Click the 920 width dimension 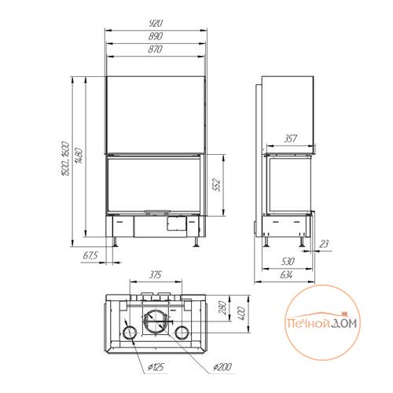[156, 24]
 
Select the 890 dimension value [156, 36]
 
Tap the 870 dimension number [155, 50]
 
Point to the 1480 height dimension [79, 156]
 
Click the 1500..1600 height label [64, 159]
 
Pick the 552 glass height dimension [217, 185]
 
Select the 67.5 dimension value [90, 255]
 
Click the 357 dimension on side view [290, 138]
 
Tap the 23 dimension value [324, 244]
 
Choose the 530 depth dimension [288, 261]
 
